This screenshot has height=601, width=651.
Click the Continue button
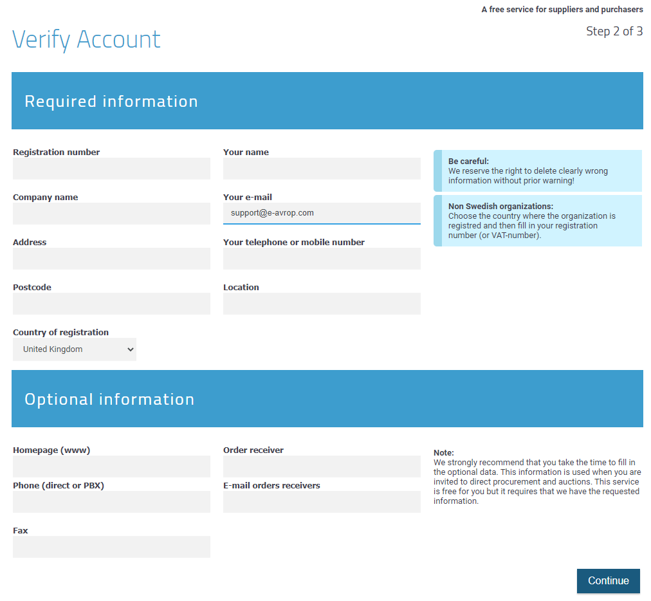pos(608,580)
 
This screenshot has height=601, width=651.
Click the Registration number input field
pos(111,169)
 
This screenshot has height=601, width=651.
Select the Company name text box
pos(111,214)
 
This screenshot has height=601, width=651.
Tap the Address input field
pos(111,259)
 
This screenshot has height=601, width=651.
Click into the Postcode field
pos(111,304)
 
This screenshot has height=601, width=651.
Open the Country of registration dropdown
pos(75,349)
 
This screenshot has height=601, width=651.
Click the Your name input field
pos(322,169)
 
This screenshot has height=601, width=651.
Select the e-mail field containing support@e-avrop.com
pos(322,213)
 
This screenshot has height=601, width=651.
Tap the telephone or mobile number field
pos(322,259)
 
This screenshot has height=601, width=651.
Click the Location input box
pos(322,304)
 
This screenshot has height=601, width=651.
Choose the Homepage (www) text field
pos(111,467)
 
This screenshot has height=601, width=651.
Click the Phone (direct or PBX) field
pos(111,502)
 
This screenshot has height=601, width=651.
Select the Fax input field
pos(111,547)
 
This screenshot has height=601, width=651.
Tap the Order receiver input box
pos(322,467)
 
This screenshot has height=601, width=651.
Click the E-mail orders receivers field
pos(322,502)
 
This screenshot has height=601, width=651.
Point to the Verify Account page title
pos(86,39)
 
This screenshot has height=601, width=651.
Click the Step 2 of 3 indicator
pos(614,31)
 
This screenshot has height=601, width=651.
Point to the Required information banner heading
pos(111,101)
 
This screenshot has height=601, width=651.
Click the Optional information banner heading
pos(109,399)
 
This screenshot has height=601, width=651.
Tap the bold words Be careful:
pos(468,161)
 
